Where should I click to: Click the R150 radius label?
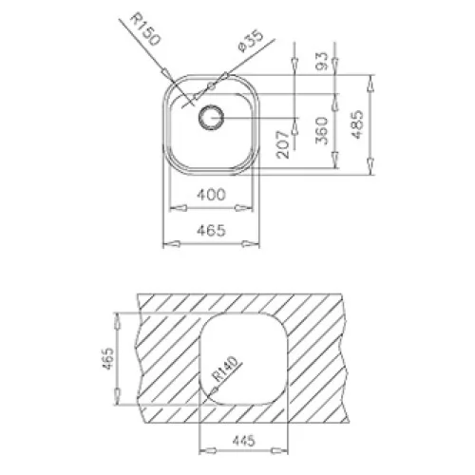[145, 29]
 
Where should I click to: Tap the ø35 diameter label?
[251, 41]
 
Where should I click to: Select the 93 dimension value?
[321, 61]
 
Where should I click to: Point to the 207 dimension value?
[283, 144]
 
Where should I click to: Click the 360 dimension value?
[321, 130]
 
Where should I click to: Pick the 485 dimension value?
[357, 124]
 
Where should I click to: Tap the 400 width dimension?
[211, 194]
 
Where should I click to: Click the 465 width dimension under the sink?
[211, 230]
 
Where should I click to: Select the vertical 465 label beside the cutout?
[107, 358]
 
